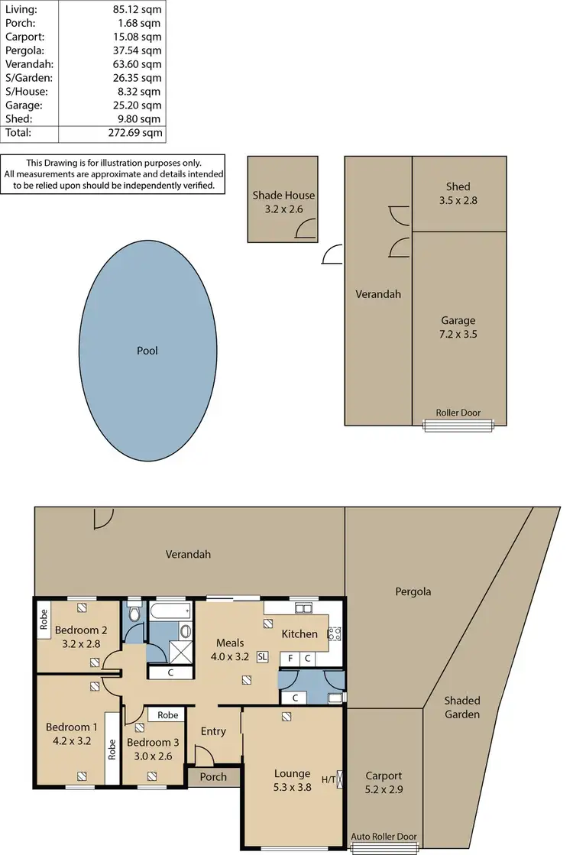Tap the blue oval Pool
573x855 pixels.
tap(147, 351)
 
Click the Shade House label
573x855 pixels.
tap(283, 196)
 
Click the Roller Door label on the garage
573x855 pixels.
tap(458, 413)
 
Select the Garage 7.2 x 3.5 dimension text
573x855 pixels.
tap(458, 334)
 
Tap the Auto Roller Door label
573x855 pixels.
tap(384, 837)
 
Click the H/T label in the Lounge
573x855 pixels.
tap(328, 779)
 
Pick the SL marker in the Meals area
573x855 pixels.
tap(263, 656)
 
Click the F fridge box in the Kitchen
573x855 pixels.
tap(290, 658)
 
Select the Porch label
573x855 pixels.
tap(213, 777)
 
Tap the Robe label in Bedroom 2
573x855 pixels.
tap(44, 618)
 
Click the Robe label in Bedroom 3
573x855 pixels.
tap(168, 715)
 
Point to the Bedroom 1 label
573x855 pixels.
tap(72, 727)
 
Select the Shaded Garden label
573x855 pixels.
tap(463, 708)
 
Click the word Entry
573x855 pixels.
tap(213, 731)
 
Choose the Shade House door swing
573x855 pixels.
tap(306, 228)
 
